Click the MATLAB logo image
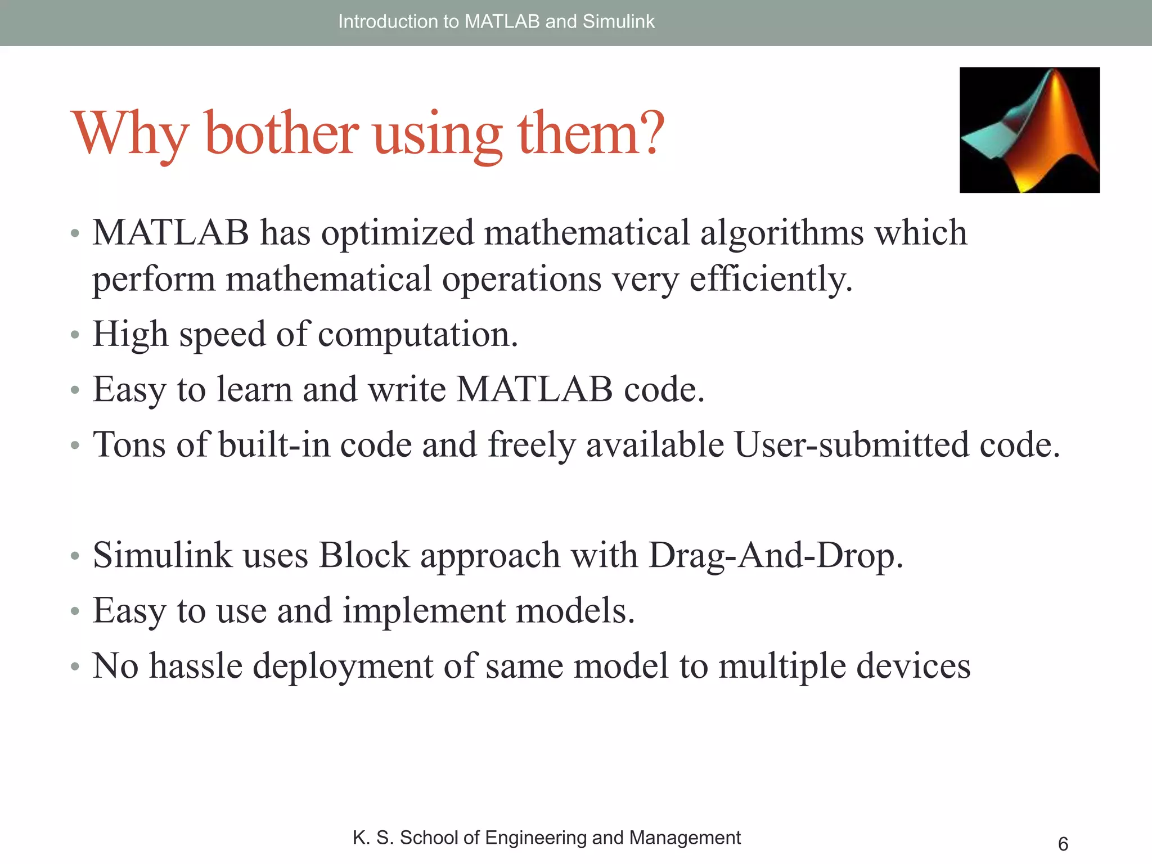coord(1029,130)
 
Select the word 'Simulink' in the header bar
coord(618,21)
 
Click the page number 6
coord(1063,844)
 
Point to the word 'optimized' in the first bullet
coord(397,233)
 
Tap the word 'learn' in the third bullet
coord(254,389)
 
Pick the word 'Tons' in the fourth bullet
coord(129,445)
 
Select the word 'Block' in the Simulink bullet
coord(364,556)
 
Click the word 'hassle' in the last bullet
coord(195,666)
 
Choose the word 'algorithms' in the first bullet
coord(781,233)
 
